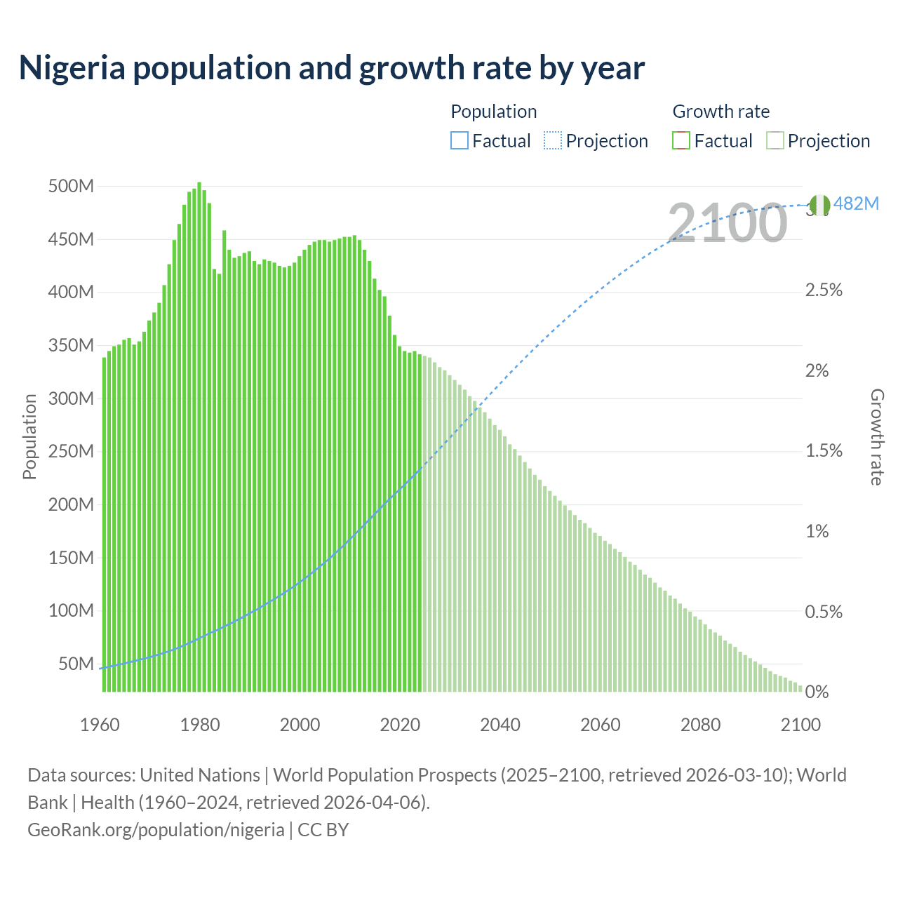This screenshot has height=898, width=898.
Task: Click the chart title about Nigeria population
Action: point(331,68)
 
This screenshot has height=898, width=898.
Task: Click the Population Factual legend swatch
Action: point(459,141)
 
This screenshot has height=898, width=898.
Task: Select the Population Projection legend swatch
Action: point(553,141)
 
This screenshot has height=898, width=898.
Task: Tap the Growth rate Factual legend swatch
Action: point(681,141)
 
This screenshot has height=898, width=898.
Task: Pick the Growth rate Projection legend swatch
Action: point(775,141)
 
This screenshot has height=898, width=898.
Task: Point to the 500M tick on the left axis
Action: point(71,187)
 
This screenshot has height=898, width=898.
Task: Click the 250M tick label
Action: point(71,451)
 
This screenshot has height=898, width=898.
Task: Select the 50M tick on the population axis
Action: point(75,664)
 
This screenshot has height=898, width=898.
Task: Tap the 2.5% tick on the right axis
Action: point(824,290)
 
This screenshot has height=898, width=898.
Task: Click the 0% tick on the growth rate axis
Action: point(817,692)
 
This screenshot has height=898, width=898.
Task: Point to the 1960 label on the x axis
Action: point(100,725)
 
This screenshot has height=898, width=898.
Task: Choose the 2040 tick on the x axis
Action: point(500,725)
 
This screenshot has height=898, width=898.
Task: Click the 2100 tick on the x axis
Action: point(800,725)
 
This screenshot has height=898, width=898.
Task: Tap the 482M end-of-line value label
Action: point(856,204)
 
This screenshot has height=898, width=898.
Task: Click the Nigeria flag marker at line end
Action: point(819,205)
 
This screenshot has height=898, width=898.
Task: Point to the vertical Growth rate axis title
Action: point(876,436)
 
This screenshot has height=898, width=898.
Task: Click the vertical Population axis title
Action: point(29,436)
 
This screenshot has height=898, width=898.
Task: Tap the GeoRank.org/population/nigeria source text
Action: point(156,830)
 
